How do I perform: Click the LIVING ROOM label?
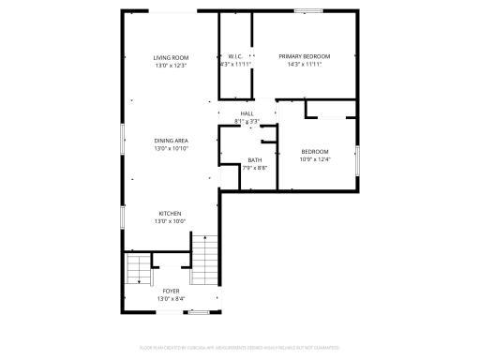(171, 58)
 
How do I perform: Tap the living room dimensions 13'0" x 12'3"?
(171, 66)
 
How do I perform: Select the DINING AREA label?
(171, 141)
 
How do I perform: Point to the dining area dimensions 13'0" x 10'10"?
(171, 148)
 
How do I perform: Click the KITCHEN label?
(170, 214)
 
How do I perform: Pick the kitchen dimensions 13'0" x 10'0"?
(170, 221)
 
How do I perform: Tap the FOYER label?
(171, 292)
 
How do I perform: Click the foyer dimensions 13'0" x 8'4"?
(171, 299)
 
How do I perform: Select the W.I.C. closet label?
(235, 57)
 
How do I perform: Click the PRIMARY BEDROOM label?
(305, 57)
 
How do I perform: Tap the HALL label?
(247, 113)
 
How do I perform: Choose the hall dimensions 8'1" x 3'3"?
(247, 121)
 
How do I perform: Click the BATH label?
(255, 160)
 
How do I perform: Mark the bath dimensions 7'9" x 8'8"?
(255, 168)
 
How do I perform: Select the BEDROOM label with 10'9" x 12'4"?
(314, 152)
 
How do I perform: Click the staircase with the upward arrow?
(204, 262)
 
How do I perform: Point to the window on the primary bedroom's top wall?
(307, 11)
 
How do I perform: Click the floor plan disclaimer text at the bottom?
(240, 346)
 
